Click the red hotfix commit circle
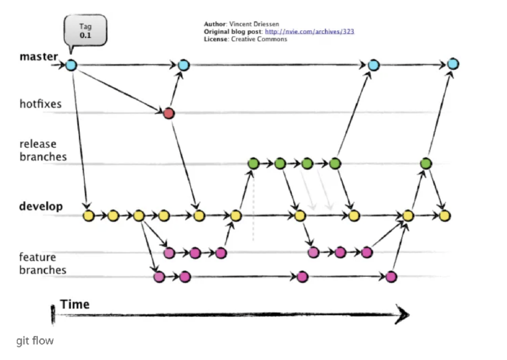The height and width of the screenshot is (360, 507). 169,113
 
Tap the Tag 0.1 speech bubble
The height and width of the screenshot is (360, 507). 85,31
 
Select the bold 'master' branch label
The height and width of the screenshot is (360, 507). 39,56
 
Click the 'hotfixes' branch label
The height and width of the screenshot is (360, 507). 40,104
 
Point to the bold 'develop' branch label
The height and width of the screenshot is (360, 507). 41,206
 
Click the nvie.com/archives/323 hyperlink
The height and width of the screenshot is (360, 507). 310,31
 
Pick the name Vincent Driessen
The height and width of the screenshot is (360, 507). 254,24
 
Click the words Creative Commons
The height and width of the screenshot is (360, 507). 259,39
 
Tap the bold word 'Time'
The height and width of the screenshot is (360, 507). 75,304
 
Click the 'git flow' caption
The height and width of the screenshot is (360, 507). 35,341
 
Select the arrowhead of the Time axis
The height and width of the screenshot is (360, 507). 402,315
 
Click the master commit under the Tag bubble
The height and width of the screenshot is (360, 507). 71,65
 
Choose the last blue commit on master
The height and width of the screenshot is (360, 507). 453,64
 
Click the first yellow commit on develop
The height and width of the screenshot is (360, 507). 89,215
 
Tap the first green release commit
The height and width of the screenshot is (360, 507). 253,163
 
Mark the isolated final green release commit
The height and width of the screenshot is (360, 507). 426,163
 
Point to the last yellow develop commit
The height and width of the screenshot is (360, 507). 445,215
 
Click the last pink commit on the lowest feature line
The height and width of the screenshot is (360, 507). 391,277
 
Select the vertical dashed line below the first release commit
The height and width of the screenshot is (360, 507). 253,206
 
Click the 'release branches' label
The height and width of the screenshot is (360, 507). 43,151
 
